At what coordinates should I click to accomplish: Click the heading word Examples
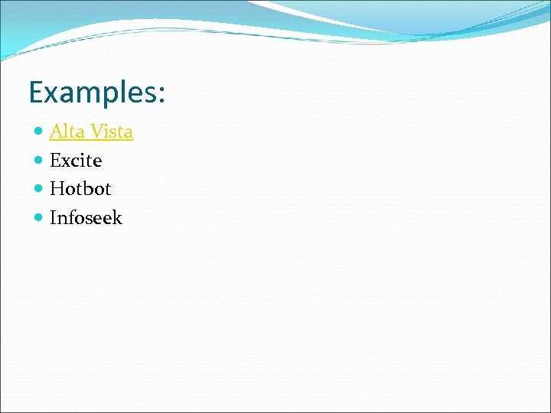tap(92, 93)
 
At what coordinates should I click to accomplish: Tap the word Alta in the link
tap(67, 132)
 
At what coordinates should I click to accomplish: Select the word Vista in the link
tap(112, 132)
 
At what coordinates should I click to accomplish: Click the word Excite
tap(76, 161)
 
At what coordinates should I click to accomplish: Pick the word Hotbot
tap(80, 189)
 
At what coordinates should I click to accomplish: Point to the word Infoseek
tap(86, 218)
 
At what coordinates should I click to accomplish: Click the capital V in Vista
tap(96, 132)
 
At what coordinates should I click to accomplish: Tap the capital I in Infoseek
tap(53, 218)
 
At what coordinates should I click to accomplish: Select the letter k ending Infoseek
tap(117, 218)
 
